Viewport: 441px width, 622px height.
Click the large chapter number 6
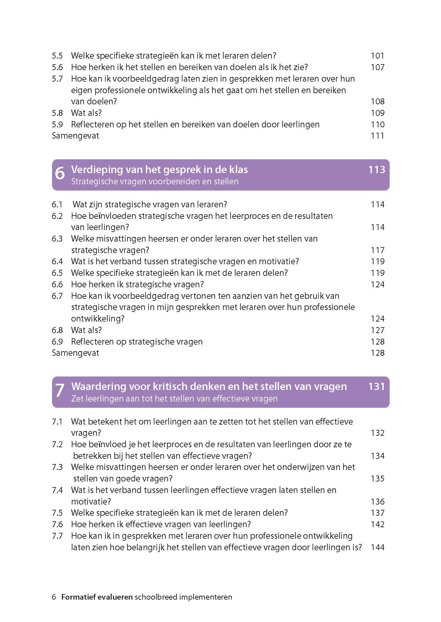[x=60, y=173]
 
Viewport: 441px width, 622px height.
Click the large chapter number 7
[x=60, y=391]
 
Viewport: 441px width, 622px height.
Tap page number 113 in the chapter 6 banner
[x=377, y=169]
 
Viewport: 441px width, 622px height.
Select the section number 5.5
[x=57, y=56]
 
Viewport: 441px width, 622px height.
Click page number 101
[x=377, y=56]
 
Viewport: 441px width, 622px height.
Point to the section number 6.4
[x=57, y=261]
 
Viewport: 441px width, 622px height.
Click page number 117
[x=377, y=250]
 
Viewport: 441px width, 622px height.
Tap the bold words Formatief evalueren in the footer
[x=97, y=597]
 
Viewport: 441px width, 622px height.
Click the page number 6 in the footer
[x=54, y=597]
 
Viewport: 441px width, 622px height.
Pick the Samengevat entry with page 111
[x=75, y=136]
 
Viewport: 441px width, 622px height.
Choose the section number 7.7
[x=57, y=536]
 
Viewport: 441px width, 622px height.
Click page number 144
[x=377, y=547]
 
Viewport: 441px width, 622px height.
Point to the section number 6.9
[x=57, y=342]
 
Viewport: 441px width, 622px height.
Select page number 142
[x=377, y=524]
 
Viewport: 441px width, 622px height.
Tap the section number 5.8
[x=57, y=113]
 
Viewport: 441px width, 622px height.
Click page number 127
[x=377, y=330]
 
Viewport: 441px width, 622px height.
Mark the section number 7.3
[x=57, y=467]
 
